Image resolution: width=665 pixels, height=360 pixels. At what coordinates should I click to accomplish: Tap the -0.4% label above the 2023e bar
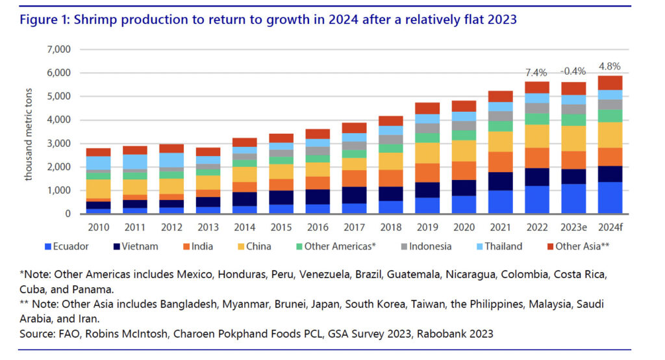[574, 71]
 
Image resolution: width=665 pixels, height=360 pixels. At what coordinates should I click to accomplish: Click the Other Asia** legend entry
[581, 246]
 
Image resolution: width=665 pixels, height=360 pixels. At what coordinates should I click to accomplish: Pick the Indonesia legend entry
[425, 246]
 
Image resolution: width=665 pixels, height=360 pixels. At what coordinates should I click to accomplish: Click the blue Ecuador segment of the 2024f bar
[610, 198]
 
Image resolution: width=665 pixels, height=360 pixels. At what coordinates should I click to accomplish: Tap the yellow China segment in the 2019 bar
[428, 153]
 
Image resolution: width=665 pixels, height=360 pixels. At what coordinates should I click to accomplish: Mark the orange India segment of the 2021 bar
[501, 162]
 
